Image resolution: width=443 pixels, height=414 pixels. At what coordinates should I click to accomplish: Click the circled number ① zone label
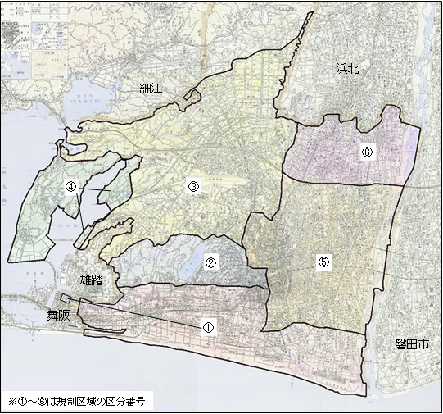click(x=208, y=325)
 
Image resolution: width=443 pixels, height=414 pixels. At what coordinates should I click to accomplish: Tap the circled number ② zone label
click(x=210, y=263)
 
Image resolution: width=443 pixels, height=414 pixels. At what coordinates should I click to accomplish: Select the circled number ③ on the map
click(x=193, y=186)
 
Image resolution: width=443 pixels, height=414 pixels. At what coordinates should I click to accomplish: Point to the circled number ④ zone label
click(x=71, y=187)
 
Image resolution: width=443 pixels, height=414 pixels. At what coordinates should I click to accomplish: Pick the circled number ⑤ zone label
click(x=323, y=262)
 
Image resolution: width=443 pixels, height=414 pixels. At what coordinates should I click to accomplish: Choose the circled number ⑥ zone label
click(x=367, y=152)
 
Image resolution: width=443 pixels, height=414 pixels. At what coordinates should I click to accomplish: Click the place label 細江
click(x=152, y=88)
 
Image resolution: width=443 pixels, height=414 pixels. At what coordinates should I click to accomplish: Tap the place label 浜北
click(x=348, y=69)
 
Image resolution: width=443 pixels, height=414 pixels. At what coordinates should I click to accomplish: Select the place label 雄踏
click(x=93, y=280)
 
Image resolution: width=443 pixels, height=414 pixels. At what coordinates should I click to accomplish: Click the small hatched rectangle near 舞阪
click(x=66, y=298)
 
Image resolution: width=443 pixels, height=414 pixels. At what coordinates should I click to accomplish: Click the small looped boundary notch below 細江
click(x=193, y=98)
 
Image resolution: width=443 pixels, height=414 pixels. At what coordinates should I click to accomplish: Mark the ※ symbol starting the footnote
click(x=12, y=403)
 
